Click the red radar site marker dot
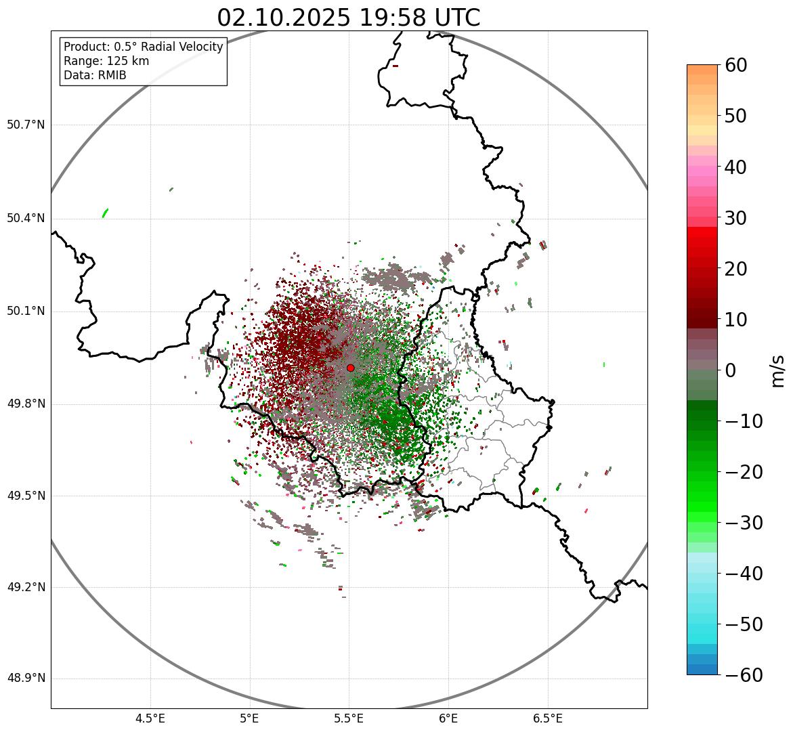(x=350, y=368)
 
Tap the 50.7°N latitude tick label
(x=26, y=125)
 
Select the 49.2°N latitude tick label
(x=26, y=587)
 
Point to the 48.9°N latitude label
(x=26, y=679)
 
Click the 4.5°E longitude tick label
(x=150, y=718)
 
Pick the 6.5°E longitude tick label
(x=547, y=718)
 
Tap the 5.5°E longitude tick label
(x=349, y=718)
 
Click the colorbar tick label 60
(x=736, y=65)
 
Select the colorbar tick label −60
(x=743, y=675)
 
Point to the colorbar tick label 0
(x=731, y=370)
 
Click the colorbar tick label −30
(x=743, y=523)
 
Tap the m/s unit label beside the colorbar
(x=778, y=370)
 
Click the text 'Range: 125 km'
(x=106, y=61)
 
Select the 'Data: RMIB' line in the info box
(x=95, y=75)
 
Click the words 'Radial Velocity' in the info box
(x=181, y=47)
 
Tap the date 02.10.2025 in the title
(x=284, y=18)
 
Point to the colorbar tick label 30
(x=736, y=218)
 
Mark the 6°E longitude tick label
(x=448, y=718)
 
